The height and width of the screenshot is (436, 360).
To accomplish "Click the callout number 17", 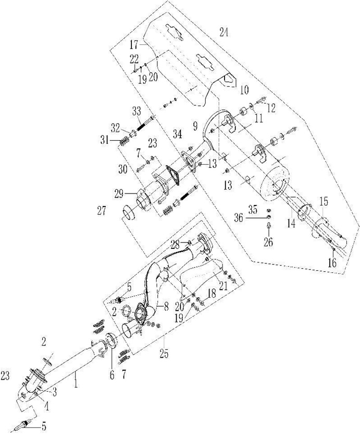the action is [x=134, y=44].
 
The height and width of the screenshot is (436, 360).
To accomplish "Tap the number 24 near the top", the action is [x=224, y=32].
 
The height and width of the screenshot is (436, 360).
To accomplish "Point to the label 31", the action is [x=105, y=140].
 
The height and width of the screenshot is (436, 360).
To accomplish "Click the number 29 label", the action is [x=119, y=193].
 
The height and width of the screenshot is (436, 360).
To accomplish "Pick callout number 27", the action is [x=102, y=211].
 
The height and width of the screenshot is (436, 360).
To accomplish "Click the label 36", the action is [x=239, y=217].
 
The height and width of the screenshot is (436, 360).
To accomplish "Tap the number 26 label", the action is [x=268, y=241].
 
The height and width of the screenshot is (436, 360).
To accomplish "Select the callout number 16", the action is [x=332, y=262].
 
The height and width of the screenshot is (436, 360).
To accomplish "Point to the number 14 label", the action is [x=291, y=223].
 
